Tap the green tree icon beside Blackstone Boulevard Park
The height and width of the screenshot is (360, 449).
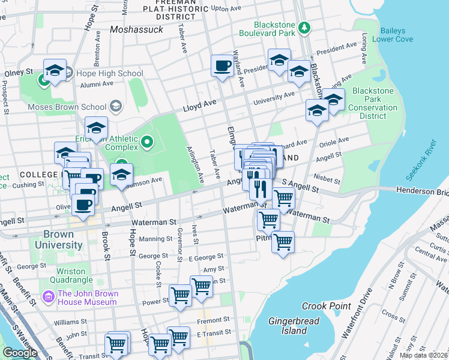304,28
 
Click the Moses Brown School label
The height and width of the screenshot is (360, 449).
67,107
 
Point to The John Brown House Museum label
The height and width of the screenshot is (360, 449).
87,298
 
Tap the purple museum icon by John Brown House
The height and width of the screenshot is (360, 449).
48,296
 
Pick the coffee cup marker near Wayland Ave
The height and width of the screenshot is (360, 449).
222,65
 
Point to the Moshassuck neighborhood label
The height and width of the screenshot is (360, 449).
137,29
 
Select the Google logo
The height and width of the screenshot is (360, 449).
20,353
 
